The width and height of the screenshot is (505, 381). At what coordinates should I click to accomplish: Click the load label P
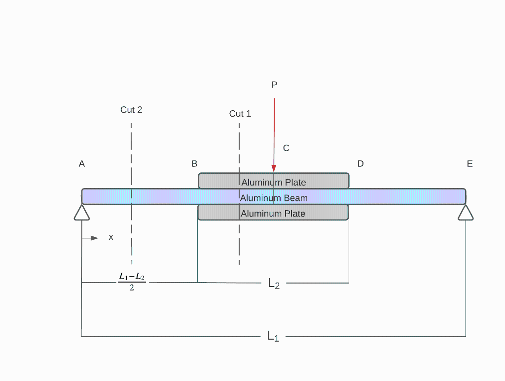coord(274,85)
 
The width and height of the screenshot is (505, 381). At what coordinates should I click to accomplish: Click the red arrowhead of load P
coord(274,168)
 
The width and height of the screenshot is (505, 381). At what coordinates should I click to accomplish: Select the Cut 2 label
coord(131,110)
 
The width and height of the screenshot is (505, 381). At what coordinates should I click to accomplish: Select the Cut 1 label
coord(240,114)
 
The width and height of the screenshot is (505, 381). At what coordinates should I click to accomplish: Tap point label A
coord(82,164)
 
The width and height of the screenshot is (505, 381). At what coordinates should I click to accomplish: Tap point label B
coord(194,164)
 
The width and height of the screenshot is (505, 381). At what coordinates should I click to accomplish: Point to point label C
coord(286,148)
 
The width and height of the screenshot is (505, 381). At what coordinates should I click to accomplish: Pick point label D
coord(361,164)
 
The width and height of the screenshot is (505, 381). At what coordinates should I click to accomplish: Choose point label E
coord(469,164)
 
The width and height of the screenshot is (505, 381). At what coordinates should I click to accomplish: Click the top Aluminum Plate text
coord(274,182)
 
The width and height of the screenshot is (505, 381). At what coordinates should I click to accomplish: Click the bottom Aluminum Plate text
coord(273,214)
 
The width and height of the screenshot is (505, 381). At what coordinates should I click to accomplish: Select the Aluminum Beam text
coord(274,198)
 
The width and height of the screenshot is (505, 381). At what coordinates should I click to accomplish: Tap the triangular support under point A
coord(82,213)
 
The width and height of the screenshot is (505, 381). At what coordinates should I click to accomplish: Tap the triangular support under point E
coord(466,213)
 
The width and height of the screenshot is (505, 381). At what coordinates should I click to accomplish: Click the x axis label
coord(111,237)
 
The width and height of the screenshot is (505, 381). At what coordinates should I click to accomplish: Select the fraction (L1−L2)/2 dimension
coord(132,282)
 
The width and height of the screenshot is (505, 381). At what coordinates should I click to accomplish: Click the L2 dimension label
coord(274,283)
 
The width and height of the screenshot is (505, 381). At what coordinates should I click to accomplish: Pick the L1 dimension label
coord(273,336)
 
